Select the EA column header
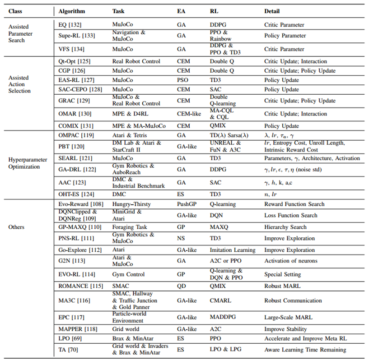(182, 10)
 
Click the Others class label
(17, 227)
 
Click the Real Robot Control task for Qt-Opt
(136, 61)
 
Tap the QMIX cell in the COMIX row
(218, 126)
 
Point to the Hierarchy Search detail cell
(285, 227)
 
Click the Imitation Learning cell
(233, 250)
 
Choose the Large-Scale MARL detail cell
(287, 317)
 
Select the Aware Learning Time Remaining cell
(305, 349)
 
